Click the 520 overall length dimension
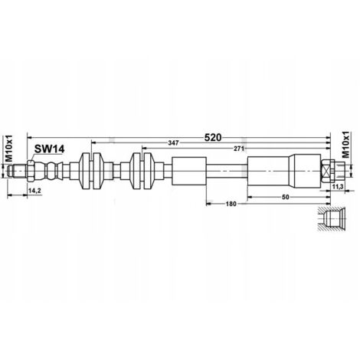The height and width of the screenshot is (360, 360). (213, 138)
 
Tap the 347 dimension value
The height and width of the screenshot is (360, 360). (173, 143)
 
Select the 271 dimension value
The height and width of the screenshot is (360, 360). (240, 149)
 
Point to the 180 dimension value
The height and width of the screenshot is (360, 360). (231, 204)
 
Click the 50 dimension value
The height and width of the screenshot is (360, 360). (286, 197)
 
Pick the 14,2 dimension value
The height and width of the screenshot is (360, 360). (34, 190)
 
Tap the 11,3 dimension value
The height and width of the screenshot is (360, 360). (337, 187)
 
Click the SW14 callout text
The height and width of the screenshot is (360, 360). (49, 149)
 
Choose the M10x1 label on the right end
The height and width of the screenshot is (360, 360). (345, 145)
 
